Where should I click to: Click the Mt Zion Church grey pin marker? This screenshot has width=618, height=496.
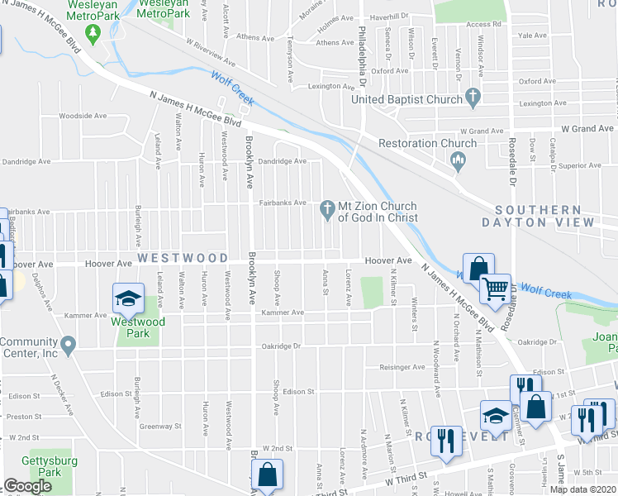click(327, 207)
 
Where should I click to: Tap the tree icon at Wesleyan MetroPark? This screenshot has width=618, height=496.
click(94, 32)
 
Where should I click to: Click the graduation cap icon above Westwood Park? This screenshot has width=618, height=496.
click(128, 298)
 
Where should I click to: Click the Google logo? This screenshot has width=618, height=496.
click(27, 486)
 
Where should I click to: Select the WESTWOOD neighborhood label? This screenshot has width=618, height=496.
click(183, 258)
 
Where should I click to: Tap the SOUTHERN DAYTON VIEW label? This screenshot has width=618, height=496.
click(544, 217)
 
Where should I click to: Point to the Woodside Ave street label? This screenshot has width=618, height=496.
click(83, 116)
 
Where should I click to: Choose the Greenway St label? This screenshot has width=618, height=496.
click(161, 427)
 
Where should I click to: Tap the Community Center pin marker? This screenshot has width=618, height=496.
click(69, 342)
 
